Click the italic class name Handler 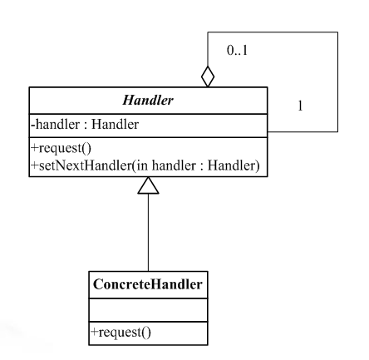148,100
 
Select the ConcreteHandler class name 148,284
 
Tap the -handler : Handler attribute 85,125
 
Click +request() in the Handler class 61,148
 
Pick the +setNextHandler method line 145,165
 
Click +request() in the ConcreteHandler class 121,332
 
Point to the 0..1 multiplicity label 237,51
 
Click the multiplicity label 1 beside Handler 300,106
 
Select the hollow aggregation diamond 208,76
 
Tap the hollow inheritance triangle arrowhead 148,185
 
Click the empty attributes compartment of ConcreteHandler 148,310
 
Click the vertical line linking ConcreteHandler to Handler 148,233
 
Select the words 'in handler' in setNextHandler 166,165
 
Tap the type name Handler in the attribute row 115,125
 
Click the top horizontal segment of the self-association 273,32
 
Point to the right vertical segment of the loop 337,81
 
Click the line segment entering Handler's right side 303,131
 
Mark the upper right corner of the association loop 337,32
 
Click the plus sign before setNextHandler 34,165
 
